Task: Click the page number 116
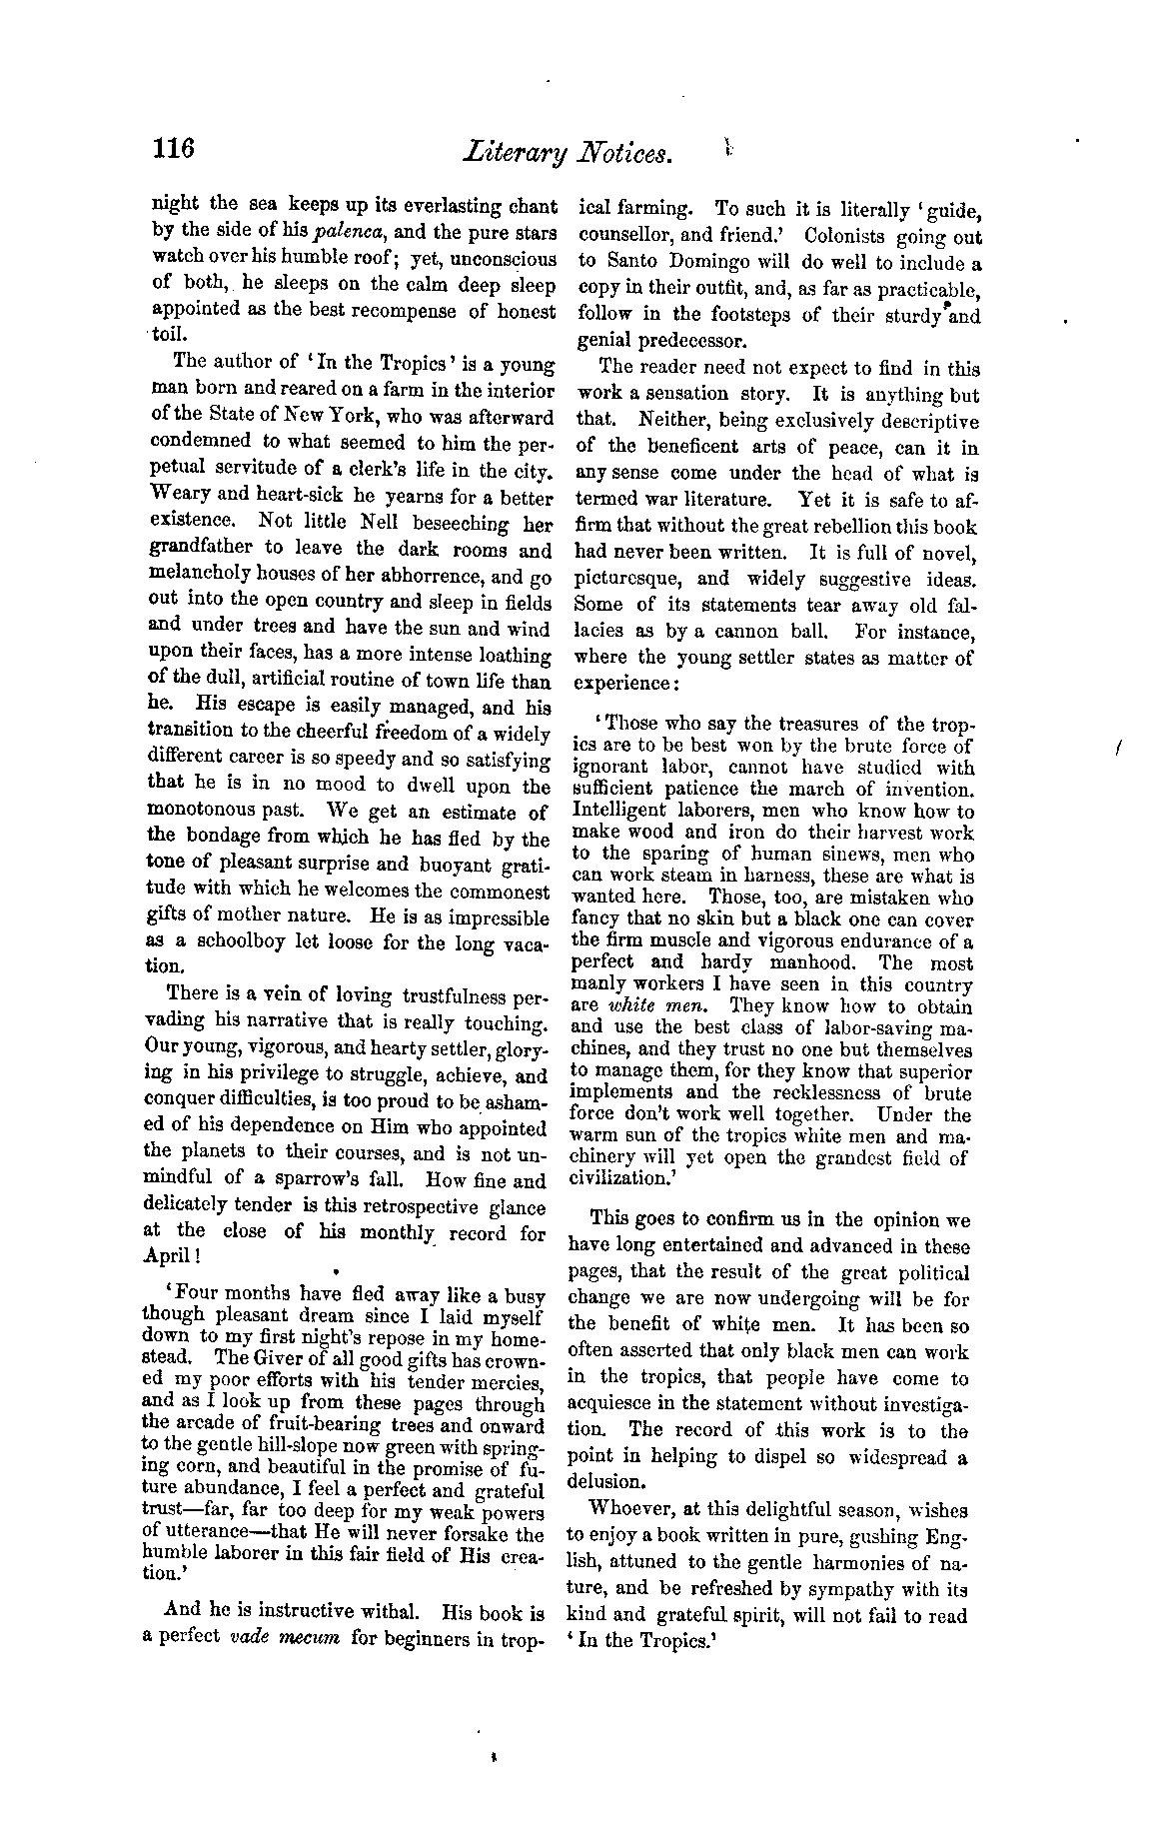(173, 150)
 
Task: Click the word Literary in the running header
(510, 154)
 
